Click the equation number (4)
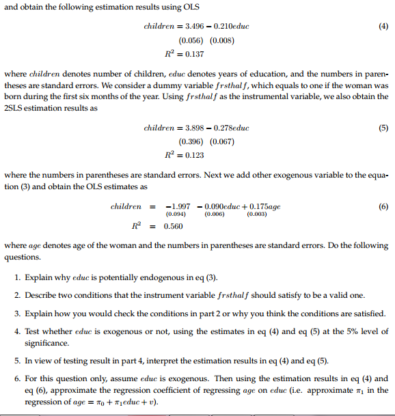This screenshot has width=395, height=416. tap(382, 26)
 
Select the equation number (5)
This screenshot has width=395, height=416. tap(382, 128)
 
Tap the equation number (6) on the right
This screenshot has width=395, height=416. tap(382, 206)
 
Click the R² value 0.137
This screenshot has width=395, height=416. tap(191, 53)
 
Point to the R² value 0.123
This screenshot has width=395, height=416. tap(191, 155)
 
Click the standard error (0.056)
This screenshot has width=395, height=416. tap(188, 40)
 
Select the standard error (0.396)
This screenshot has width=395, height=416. tap(188, 141)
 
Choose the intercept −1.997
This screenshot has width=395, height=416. tap(178, 206)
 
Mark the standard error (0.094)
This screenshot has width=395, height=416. tap(178, 214)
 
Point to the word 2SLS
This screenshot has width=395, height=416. tap(15, 107)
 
